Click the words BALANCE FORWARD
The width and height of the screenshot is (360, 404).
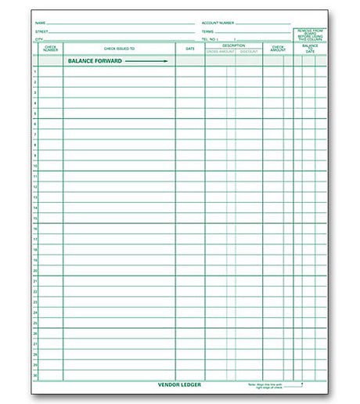click(x=95, y=60)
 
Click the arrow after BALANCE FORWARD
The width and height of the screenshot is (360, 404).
click(x=146, y=60)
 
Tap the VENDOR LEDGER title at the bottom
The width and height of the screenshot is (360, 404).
click(x=179, y=385)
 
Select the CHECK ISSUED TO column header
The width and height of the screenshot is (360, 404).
click(x=119, y=49)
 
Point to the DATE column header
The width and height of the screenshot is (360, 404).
click(x=190, y=49)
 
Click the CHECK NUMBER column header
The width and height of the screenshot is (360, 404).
click(x=50, y=49)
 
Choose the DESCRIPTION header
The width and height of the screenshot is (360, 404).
click(x=233, y=45)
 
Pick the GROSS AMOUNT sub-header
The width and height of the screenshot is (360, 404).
click(x=220, y=52)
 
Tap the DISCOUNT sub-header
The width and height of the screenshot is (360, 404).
click(x=249, y=52)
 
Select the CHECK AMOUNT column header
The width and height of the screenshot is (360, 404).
click(x=278, y=49)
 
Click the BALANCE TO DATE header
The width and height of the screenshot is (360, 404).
click(x=310, y=49)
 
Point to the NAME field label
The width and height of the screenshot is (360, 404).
click(x=40, y=23)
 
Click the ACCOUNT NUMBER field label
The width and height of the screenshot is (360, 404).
click(x=218, y=23)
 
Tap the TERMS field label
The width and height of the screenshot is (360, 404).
click(x=207, y=31)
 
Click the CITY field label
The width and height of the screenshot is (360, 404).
click(x=38, y=38)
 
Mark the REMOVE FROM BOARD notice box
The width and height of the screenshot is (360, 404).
click(x=310, y=34)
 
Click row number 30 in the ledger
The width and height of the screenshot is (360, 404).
click(x=35, y=376)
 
